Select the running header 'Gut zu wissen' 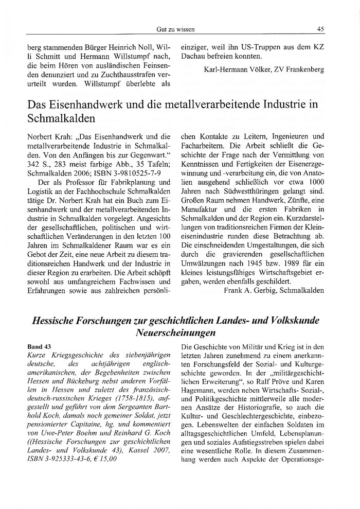pos(179,29)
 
